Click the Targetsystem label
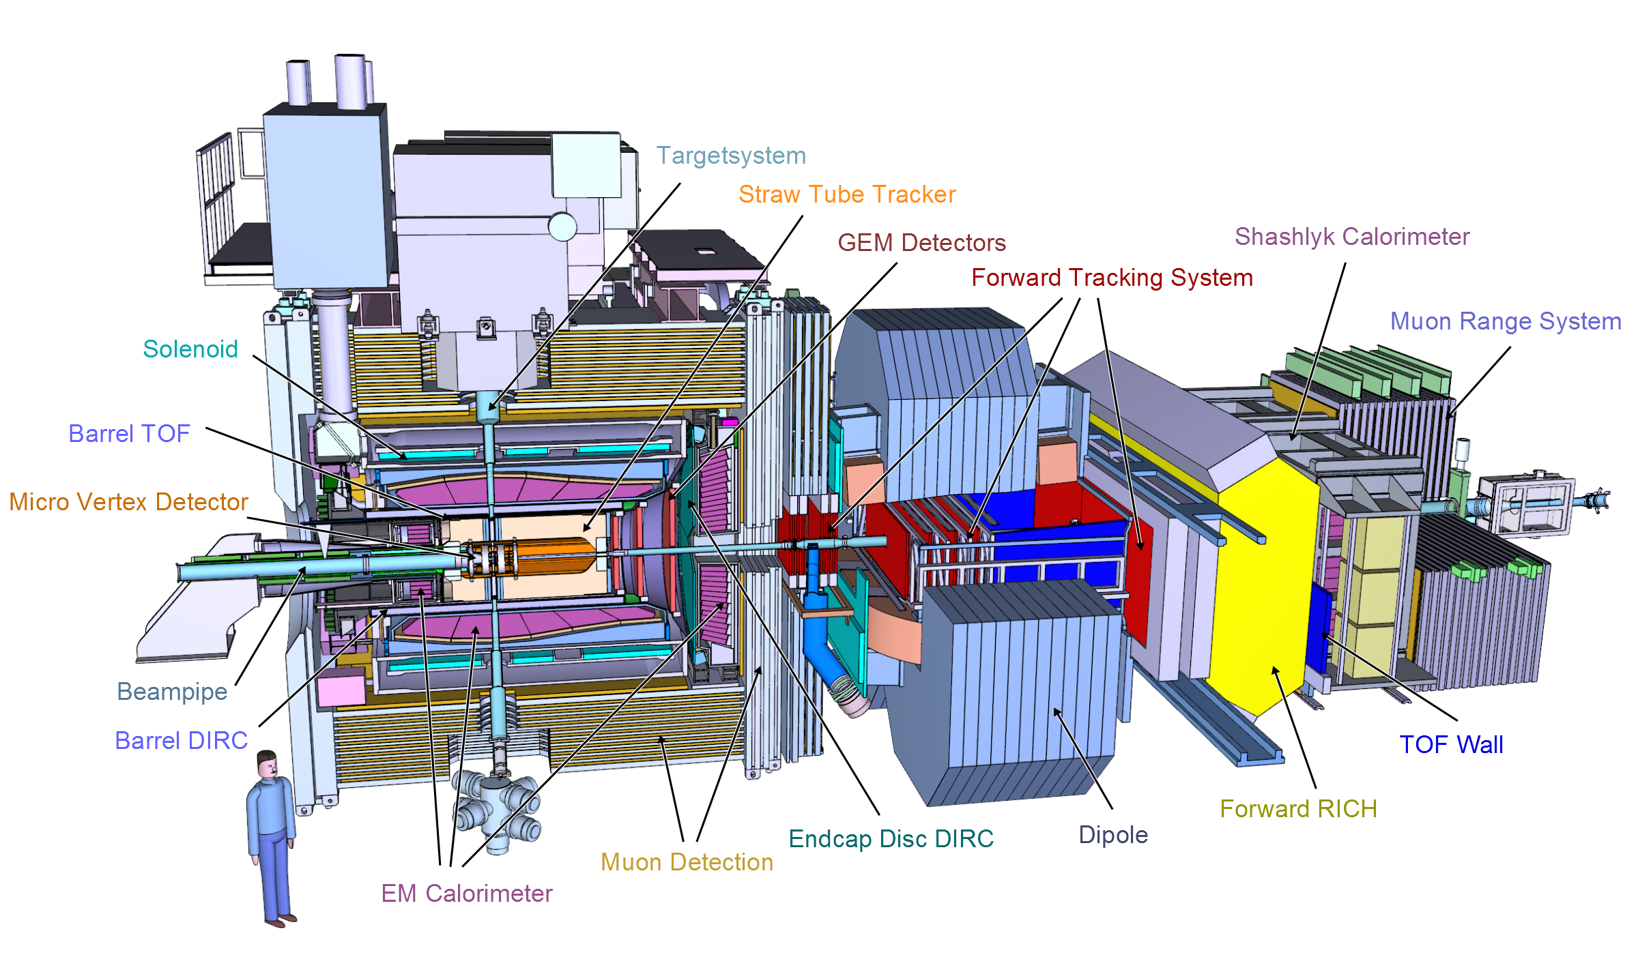coord(731,156)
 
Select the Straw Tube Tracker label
coord(847,194)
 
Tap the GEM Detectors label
coord(921,243)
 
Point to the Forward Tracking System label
coord(1112,278)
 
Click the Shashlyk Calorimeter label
coord(1352,237)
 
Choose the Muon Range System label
coord(1506,322)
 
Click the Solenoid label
coord(190,349)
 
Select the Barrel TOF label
coord(129,434)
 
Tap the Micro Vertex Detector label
coord(128,502)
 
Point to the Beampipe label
coord(172,692)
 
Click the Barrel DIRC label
coord(181,741)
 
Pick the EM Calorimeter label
coord(467,894)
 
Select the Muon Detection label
coord(687,862)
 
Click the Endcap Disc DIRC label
coord(891,839)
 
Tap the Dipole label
coord(1113,836)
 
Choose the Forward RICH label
coord(1298,809)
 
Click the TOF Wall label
coord(1451,745)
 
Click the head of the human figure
coord(268,765)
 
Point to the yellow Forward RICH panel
coord(1263,587)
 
